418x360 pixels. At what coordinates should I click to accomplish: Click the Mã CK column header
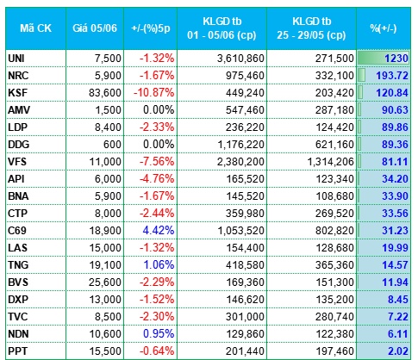(35, 28)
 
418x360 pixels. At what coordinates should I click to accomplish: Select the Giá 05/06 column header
(95, 28)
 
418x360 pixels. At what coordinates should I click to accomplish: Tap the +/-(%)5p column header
(151, 28)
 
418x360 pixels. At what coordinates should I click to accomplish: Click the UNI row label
(16, 59)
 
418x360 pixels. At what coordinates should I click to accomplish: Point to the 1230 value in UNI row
(396, 59)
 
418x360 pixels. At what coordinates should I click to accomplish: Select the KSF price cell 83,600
(105, 93)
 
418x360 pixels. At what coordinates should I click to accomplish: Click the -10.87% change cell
(153, 93)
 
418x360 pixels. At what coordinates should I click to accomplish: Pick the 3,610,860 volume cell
(240, 59)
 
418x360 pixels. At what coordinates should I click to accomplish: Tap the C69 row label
(17, 231)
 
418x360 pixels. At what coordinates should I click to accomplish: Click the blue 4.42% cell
(159, 231)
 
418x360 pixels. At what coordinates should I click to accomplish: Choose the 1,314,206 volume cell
(330, 162)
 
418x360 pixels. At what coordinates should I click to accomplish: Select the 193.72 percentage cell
(392, 76)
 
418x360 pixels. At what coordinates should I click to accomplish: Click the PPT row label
(18, 351)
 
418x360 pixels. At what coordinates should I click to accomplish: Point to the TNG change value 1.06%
(159, 265)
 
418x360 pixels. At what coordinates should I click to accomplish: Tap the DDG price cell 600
(112, 145)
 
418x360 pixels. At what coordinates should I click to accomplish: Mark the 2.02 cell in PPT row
(398, 351)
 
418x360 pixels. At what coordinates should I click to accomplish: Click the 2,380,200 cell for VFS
(240, 162)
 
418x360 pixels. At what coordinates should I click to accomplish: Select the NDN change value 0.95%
(159, 334)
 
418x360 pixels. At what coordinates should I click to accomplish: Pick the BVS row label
(18, 282)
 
